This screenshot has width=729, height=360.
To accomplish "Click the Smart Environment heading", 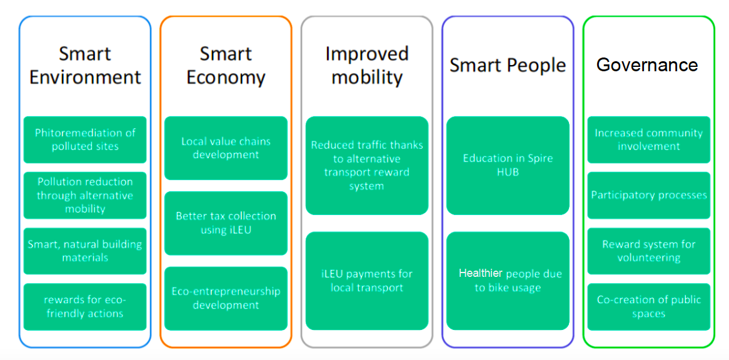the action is point(85,66).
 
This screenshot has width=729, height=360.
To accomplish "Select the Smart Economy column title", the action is point(226,66).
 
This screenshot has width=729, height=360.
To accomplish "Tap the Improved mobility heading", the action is point(367,66).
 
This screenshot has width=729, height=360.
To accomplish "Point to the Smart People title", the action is point(508,66).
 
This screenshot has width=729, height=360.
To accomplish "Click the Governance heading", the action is point(647,64).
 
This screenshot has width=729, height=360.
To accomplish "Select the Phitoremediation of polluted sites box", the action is point(85,140).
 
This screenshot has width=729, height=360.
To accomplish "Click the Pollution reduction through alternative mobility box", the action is point(85,196).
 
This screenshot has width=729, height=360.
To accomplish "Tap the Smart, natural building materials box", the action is point(85,251).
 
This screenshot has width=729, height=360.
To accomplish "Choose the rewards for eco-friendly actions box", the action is point(85,307).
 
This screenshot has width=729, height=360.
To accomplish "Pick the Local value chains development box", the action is point(226,148).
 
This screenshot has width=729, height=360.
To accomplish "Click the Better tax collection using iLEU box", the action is point(226,223).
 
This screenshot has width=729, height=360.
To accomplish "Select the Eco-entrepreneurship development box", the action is point(226,299).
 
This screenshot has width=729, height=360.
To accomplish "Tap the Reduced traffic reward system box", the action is point(367,166).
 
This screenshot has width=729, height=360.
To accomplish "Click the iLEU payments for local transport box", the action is point(367,281).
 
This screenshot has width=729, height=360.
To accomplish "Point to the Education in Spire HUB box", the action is point(508,166).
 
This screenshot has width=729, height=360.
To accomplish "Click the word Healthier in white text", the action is point(481,273).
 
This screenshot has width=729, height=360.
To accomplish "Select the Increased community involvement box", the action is point(648,140).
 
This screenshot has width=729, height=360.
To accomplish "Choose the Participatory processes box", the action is point(648,196).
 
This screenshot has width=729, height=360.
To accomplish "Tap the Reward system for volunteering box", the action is point(648,251).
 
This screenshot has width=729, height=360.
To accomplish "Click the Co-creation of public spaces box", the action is point(648,307).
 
